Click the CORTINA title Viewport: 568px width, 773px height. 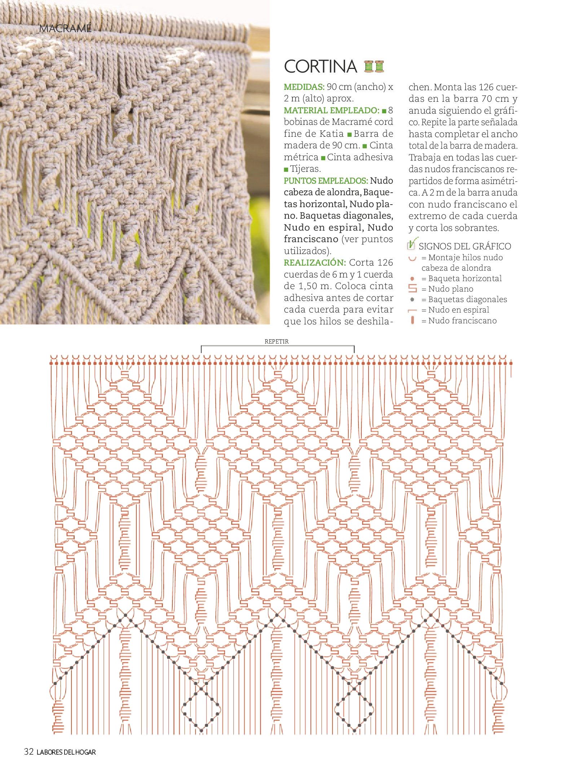(x=320, y=66)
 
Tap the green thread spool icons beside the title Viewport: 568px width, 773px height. (x=374, y=66)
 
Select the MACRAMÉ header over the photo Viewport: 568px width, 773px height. (x=65, y=29)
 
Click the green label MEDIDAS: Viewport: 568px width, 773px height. (x=304, y=87)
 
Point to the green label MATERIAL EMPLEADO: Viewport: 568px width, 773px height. (x=331, y=110)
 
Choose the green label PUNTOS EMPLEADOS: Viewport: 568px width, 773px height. (x=326, y=180)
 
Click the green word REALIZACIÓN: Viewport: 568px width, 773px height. (x=314, y=262)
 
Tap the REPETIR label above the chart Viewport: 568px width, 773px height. (x=277, y=341)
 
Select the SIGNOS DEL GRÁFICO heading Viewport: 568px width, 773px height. (x=464, y=246)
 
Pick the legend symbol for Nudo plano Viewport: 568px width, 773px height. (x=413, y=289)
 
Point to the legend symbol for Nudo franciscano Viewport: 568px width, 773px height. (x=413, y=320)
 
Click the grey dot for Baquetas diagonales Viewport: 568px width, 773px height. (x=413, y=300)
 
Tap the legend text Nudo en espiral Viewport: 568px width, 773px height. (x=458, y=310)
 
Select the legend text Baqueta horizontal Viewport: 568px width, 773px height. (x=465, y=279)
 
